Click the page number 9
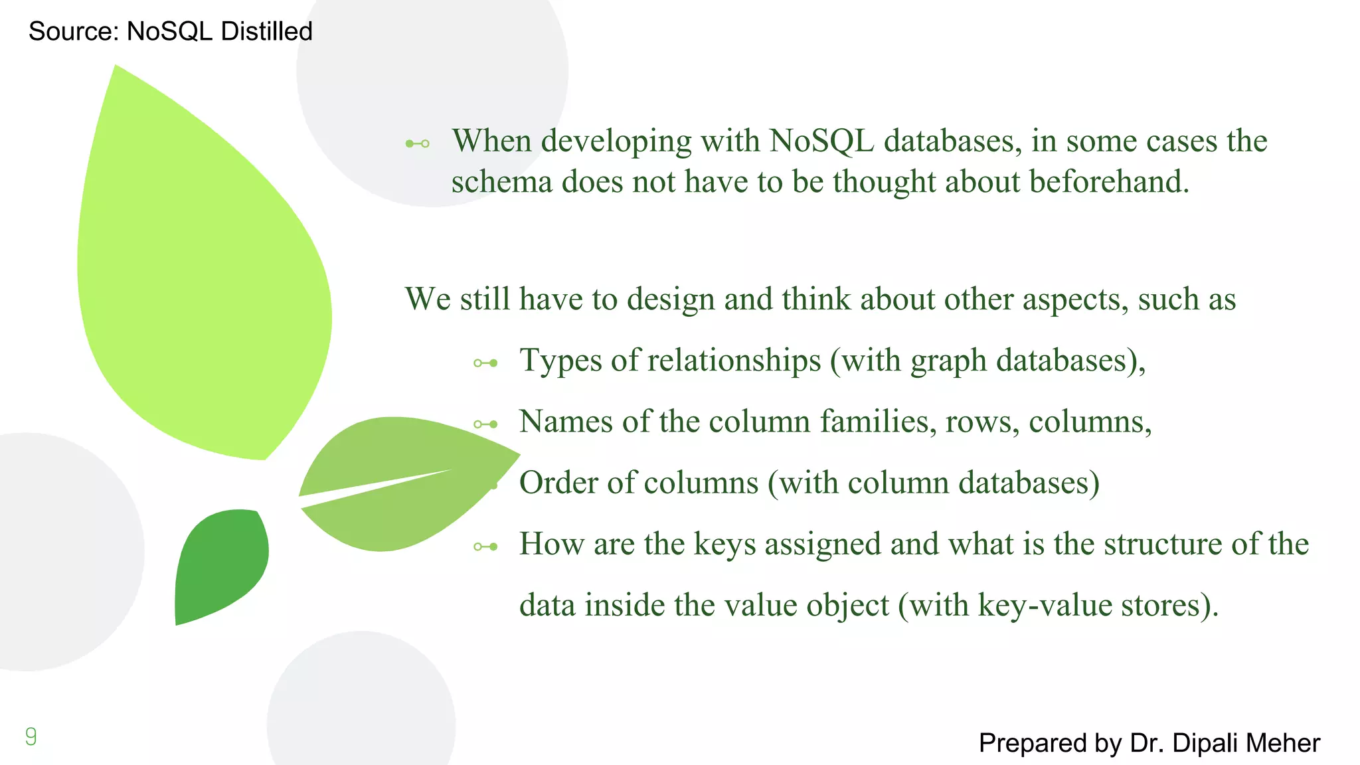point(31,736)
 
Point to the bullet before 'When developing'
point(418,143)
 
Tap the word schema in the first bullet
point(501,181)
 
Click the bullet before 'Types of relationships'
point(485,363)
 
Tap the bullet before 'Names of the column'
point(485,424)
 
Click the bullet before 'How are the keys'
point(485,547)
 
